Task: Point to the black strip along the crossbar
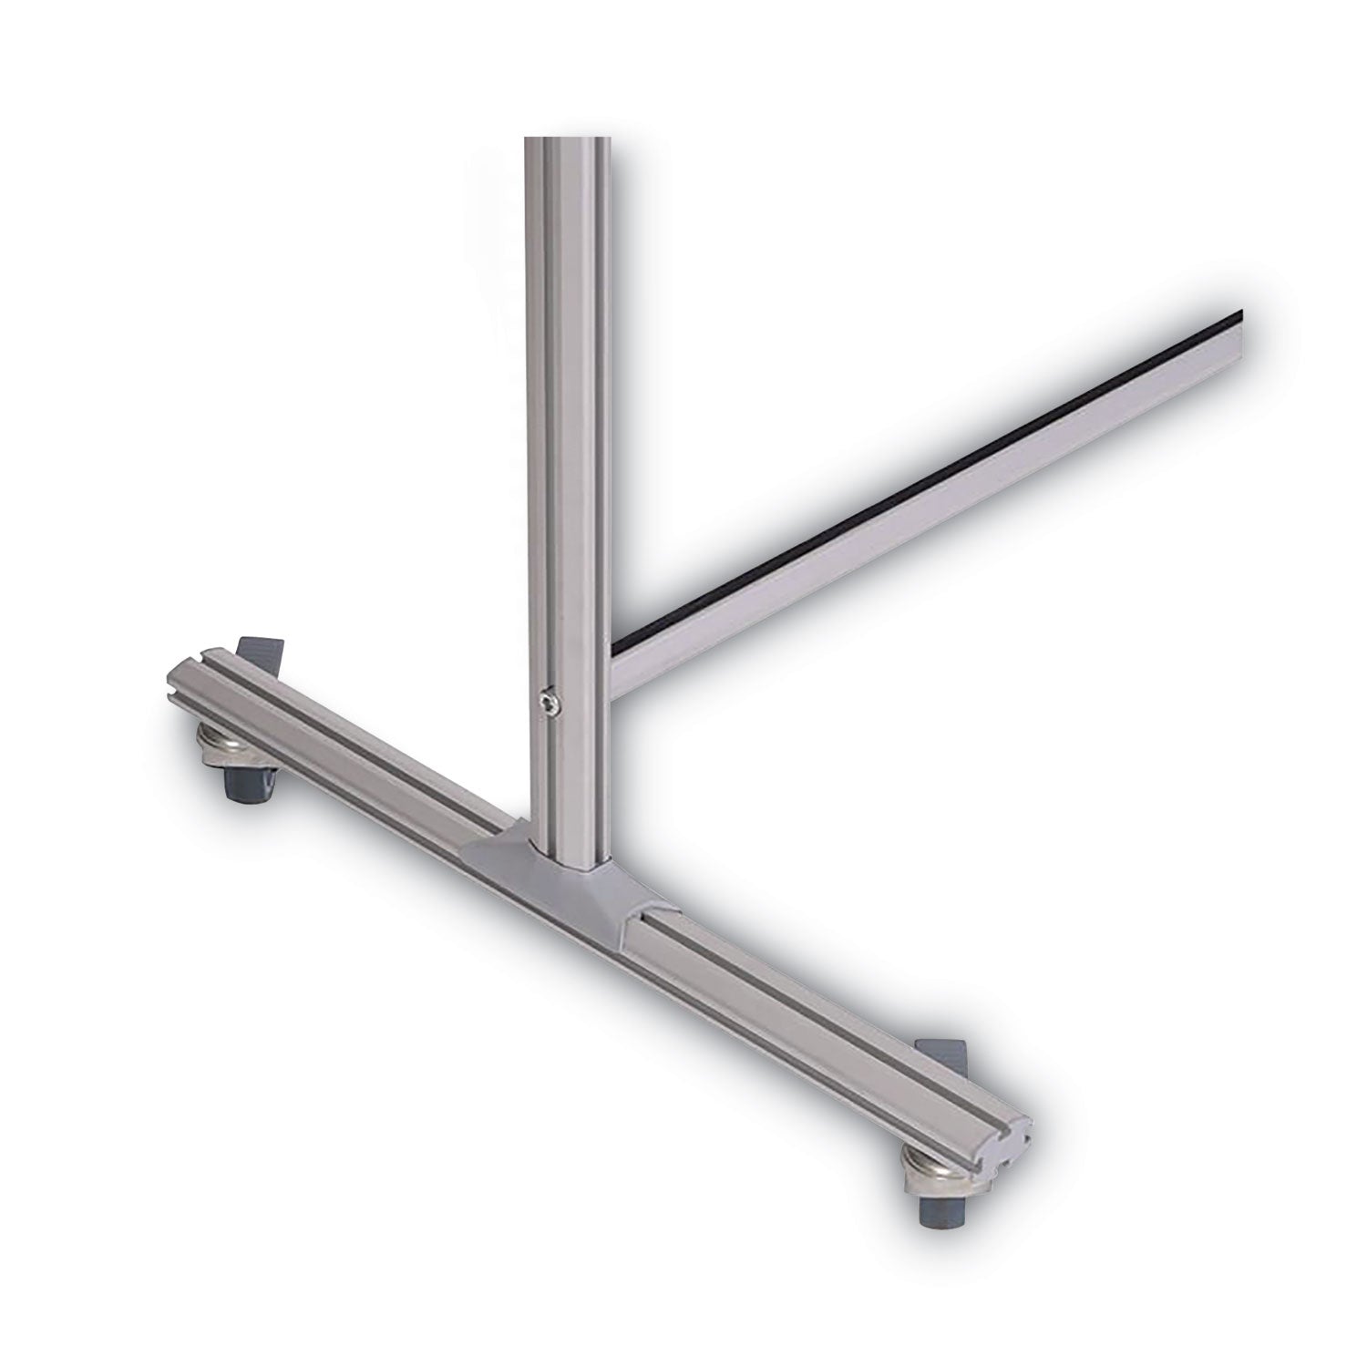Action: point(911,482)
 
